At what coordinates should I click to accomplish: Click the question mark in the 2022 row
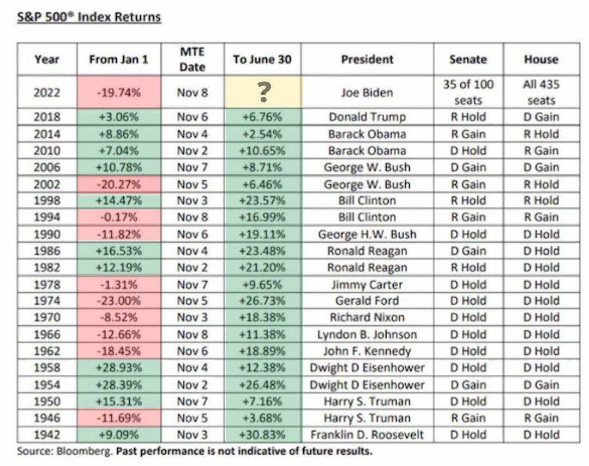click(x=263, y=93)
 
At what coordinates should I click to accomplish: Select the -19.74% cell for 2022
click(x=119, y=93)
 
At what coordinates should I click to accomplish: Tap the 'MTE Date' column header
click(x=193, y=59)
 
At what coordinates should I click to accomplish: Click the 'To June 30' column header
click(x=262, y=59)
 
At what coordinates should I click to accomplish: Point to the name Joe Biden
click(x=367, y=93)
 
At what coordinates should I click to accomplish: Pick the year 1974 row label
click(x=47, y=301)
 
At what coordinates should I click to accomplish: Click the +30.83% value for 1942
click(x=262, y=435)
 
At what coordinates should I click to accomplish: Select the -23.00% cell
click(x=119, y=301)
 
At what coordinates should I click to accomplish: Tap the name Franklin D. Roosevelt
click(x=367, y=435)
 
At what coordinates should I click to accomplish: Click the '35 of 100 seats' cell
click(x=468, y=93)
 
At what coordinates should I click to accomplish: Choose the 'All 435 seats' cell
click(x=541, y=93)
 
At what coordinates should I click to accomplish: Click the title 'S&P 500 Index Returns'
click(x=89, y=17)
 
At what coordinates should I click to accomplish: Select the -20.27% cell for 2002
click(x=119, y=184)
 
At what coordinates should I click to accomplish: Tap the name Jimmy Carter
click(x=367, y=285)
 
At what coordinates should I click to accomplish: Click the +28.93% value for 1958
click(x=119, y=368)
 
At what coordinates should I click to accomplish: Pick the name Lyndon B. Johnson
click(x=367, y=335)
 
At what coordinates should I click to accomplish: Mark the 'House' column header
click(x=541, y=59)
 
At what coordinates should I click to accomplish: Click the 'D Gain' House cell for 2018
click(x=541, y=117)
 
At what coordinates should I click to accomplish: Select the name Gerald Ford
click(x=367, y=301)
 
